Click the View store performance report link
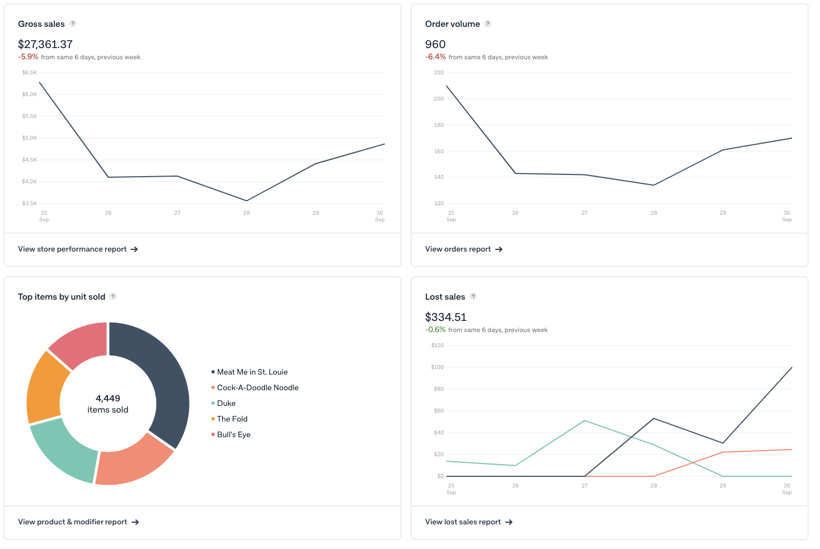coord(78,249)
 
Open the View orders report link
coord(463,249)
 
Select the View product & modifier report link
coord(78,522)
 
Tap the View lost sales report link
coord(468,522)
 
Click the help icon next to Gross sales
coord(73,24)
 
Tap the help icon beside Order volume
coord(488,24)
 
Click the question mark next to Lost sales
coord(473,297)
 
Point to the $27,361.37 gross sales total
coord(45,44)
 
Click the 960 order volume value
coord(435,44)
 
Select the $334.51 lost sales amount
coord(446,317)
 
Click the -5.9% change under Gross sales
coord(28,57)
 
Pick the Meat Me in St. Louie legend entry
coord(252,372)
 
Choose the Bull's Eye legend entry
coord(233,434)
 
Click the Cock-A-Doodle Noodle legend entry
coord(257,387)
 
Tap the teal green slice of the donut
coord(62,450)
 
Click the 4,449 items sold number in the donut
coord(108,399)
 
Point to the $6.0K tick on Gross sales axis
coord(30,94)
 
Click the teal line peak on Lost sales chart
coord(585,420)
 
